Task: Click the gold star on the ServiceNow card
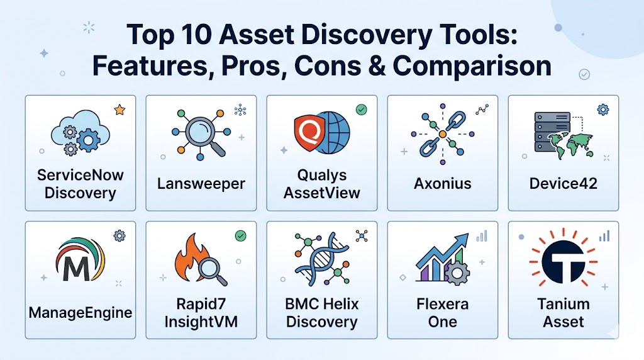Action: [x=119, y=110]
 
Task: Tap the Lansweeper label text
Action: [x=201, y=183]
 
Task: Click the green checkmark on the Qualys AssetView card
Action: [x=362, y=110]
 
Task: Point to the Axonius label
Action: [x=443, y=183]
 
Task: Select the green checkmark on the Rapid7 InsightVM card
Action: [x=241, y=236]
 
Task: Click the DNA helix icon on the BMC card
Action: [x=322, y=259]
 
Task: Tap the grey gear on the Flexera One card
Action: [x=457, y=271]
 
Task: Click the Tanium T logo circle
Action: [x=563, y=261]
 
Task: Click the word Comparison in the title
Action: [x=472, y=65]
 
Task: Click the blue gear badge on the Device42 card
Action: [x=603, y=110]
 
